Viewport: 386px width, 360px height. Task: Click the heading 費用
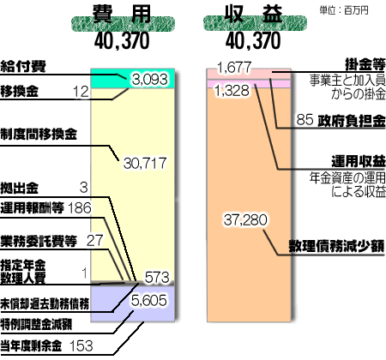[x=122, y=14]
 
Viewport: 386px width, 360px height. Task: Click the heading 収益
[x=254, y=14]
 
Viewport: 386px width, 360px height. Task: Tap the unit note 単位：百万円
[x=344, y=10]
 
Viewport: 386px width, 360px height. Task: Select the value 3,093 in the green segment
[x=149, y=80]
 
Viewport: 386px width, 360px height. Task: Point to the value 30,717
[x=145, y=164]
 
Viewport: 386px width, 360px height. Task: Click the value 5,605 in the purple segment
[x=149, y=301]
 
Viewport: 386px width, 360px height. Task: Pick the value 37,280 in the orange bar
[x=245, y=220]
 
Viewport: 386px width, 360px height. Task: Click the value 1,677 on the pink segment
[x=234, y=68]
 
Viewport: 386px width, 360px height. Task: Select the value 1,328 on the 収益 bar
[x=232, y=91]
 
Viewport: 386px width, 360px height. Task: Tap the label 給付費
[x=23, y=67]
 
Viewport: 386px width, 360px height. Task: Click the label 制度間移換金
[x=39, y=134]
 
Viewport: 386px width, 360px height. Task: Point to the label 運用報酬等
[x=32, y=207]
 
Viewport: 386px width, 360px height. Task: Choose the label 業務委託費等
[x=39, y=241]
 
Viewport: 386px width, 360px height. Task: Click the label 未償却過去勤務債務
[x=45, y=304]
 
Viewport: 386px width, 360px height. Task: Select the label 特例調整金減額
[x=36, y=325]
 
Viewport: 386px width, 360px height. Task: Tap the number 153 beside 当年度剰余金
[x=81, y=346]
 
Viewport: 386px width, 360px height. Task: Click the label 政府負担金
[x=352, y=121]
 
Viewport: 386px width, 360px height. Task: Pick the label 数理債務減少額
[x=337, y=246]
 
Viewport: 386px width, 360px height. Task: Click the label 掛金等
[x=365, y=64]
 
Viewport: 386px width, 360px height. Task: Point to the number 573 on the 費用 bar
[x=157, y=278]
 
